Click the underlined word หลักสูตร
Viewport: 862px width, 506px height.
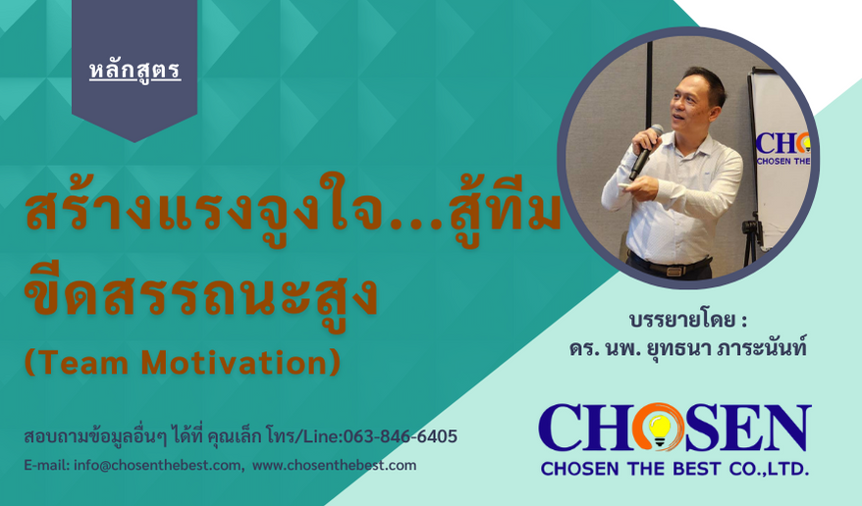pos(135,71)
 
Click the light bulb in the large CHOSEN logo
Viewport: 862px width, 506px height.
pos(659,429)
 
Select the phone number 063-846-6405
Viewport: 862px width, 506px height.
pos(401,436)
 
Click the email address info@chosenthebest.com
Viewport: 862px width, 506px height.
pos(157,466)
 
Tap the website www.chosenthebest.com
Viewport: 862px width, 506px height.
pos(334,466)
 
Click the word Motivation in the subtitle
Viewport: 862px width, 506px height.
pos(241,363)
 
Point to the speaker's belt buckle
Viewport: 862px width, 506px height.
pos(673,270)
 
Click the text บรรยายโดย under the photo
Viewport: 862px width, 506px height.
pos(682,320)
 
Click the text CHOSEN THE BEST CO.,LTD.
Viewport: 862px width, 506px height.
pos(674,469)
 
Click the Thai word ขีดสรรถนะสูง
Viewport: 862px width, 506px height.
pos(201,296)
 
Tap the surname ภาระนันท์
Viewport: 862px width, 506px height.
pos(762,348)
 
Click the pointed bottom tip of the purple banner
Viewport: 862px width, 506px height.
pos(135,141)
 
